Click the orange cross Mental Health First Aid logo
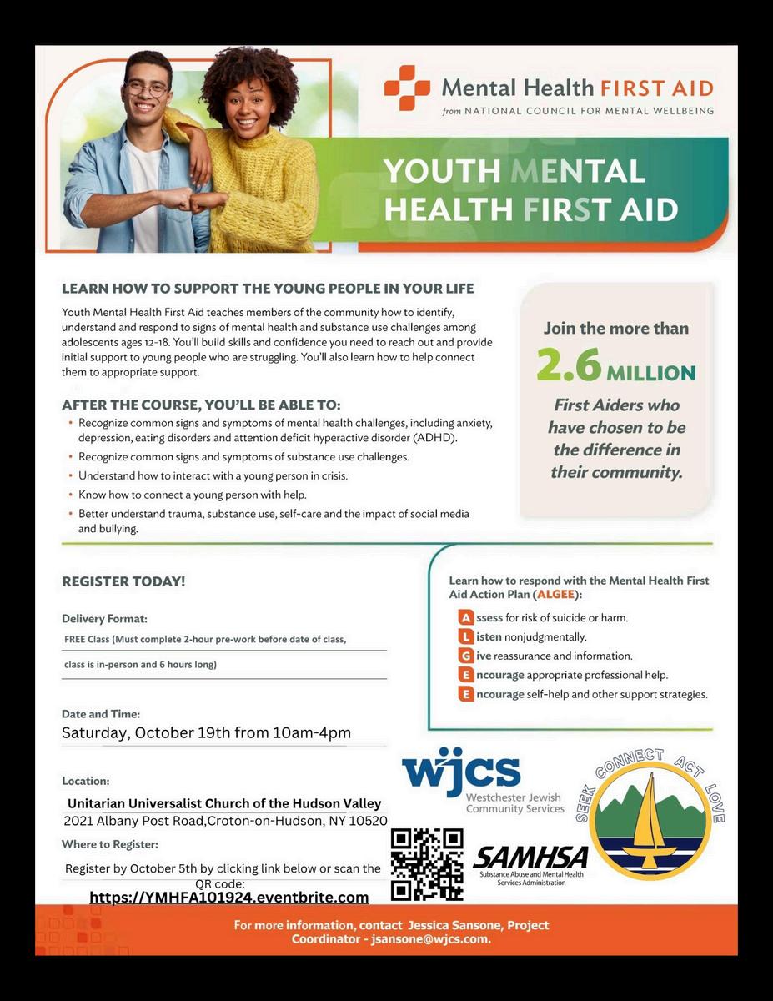(x=407, y=88)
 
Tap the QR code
(x=427, y=864)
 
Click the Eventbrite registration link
(x=228, y=898)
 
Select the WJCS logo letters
(x=460, y=772)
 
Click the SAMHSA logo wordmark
(x=530, y=858)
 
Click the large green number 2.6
(x=569, y=365)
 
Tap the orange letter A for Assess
(x=465, y=618)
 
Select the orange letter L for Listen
(x=465, y=637)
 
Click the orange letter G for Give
(x=465, y=656)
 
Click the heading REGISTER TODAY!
(x=123, y=581)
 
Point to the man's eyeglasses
(x=147, y=88)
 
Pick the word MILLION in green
(x=650, y=372)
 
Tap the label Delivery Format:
(x=104, y=619)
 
